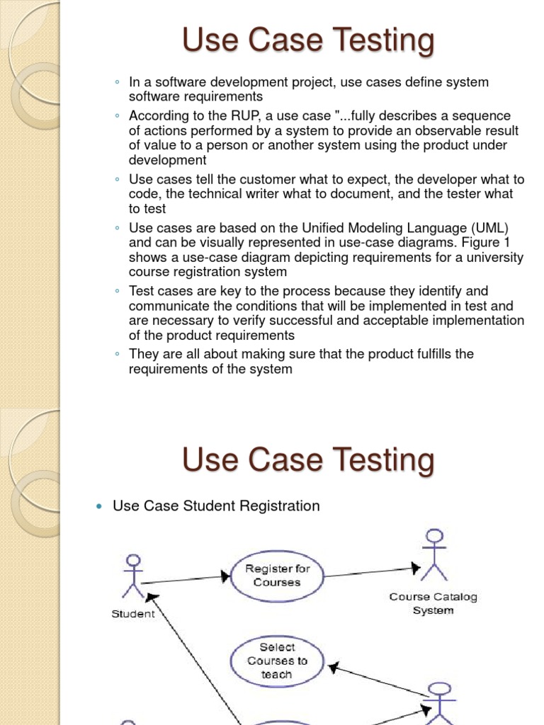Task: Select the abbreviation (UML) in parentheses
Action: pyautogui.click(x=487, y=228)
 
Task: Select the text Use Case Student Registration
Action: pyautogui.click(x=216, y=506)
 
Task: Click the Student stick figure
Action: pyautogui.click(x=132, y=576)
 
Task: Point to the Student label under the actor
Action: pyautogui.click(x=132, y=614)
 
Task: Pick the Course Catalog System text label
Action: pyautogui.click(x=433, y=603)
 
